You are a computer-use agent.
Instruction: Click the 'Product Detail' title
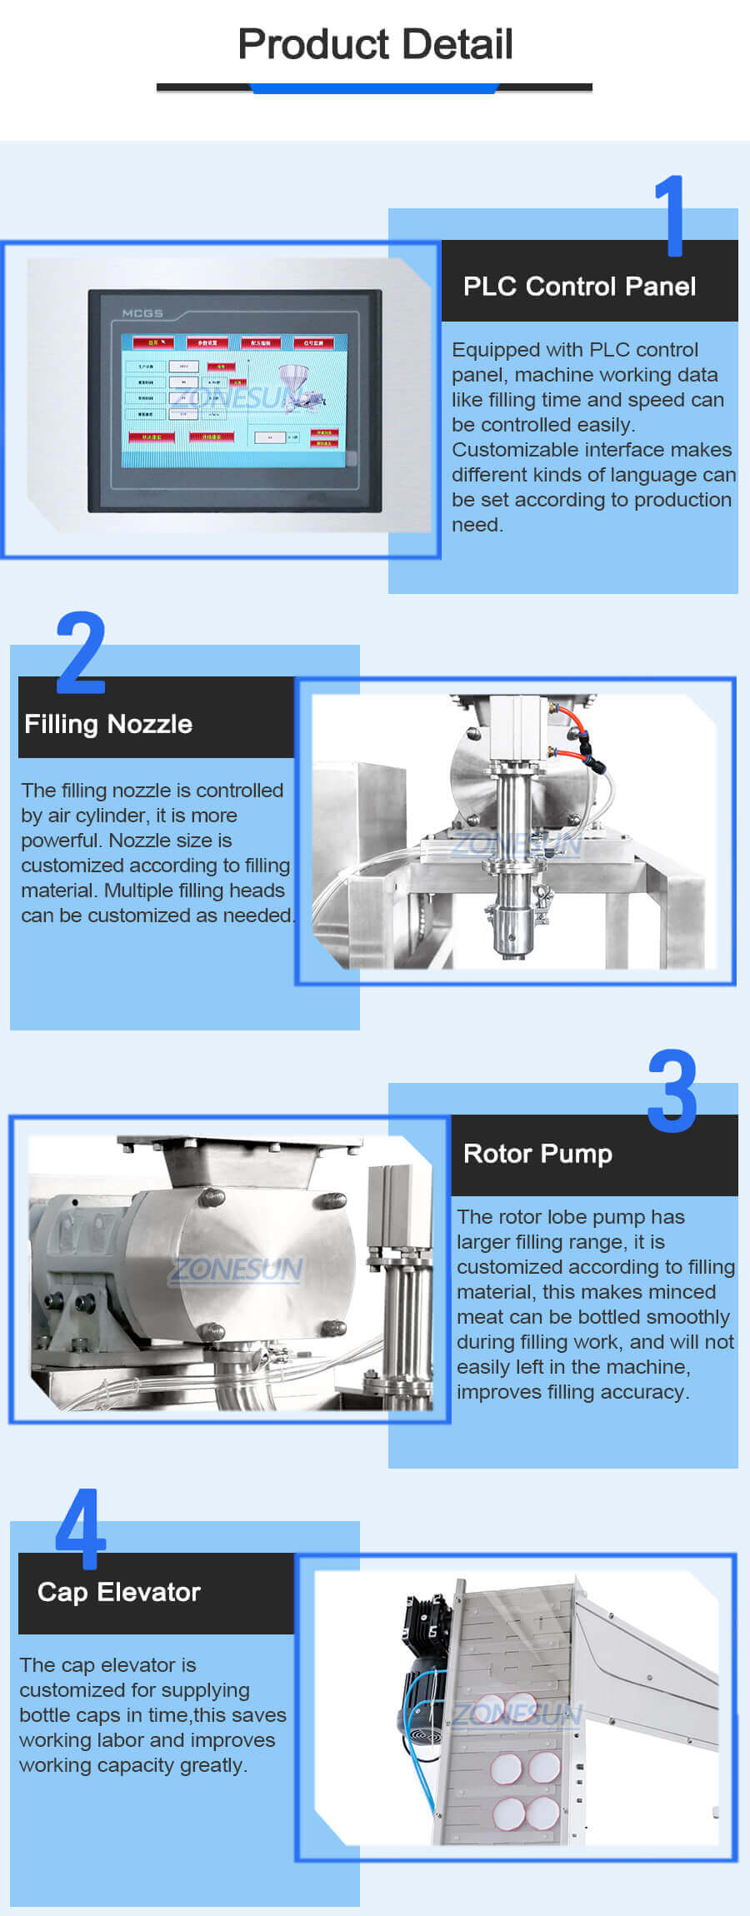point(375,44)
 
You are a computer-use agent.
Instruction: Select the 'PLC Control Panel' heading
point(579,287)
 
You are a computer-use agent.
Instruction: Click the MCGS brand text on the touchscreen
point(142,313)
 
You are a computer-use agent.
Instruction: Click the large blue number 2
point(81,652)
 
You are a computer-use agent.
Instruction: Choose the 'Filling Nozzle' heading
point(108,724)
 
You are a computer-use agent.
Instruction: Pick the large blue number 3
point(672,1090)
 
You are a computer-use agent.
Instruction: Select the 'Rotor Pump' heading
point(537,1154)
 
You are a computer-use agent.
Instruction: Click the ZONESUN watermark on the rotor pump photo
point(237,1269)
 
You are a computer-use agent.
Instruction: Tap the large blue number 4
point(81,1529)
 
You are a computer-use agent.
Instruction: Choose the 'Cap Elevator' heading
point(119,1592)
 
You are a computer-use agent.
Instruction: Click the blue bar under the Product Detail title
point(375,88)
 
